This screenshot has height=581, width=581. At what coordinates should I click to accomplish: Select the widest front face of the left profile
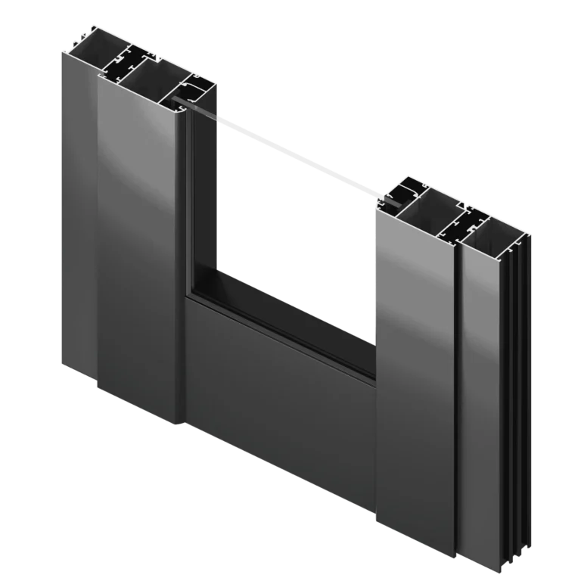[x=136, y=242]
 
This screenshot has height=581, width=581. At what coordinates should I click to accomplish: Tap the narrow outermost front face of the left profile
[x=78, y=212]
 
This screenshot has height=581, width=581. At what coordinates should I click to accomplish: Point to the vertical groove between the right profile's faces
[x=456, y=378]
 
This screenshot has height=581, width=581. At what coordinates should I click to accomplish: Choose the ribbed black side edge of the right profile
[x=516, y=378]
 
